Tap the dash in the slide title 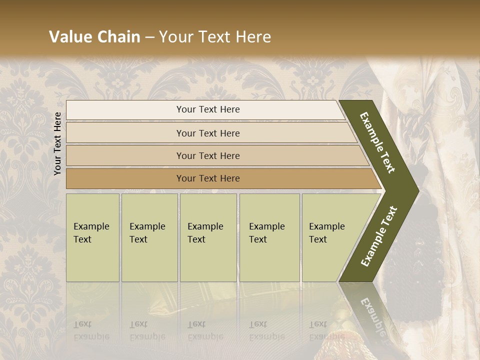[x=149, y=37]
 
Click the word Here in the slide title [x=252, y=37]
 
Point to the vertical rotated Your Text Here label [x=57, y=143]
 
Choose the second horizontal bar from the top [x=208, y=133]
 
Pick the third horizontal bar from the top [x=208, y=155]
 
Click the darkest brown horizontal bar [x=208, y=178]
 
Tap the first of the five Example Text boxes [x=92, y=237]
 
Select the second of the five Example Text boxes [x=149, y=237]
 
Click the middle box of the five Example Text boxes [x=208, y=237]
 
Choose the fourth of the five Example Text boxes [x=269, y=237]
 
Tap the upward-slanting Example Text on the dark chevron [x=378, y=236]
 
